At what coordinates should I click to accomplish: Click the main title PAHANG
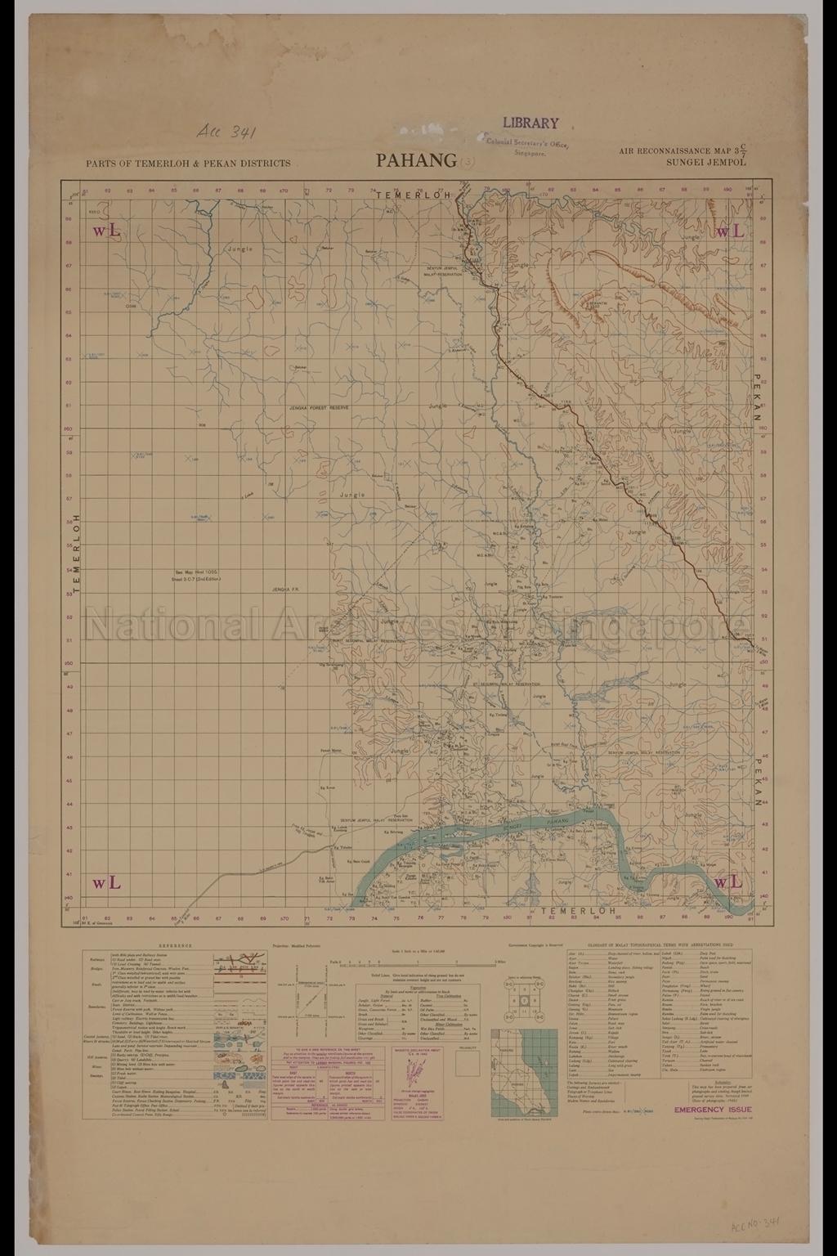[x=416, y=160]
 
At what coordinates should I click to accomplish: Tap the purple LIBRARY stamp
[x=530, y=123]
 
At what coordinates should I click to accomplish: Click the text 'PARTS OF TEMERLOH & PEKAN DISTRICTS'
[x=188, y=163]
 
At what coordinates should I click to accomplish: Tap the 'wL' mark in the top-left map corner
[x=107, y=231]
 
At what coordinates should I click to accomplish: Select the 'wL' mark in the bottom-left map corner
[x=107, y=882]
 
